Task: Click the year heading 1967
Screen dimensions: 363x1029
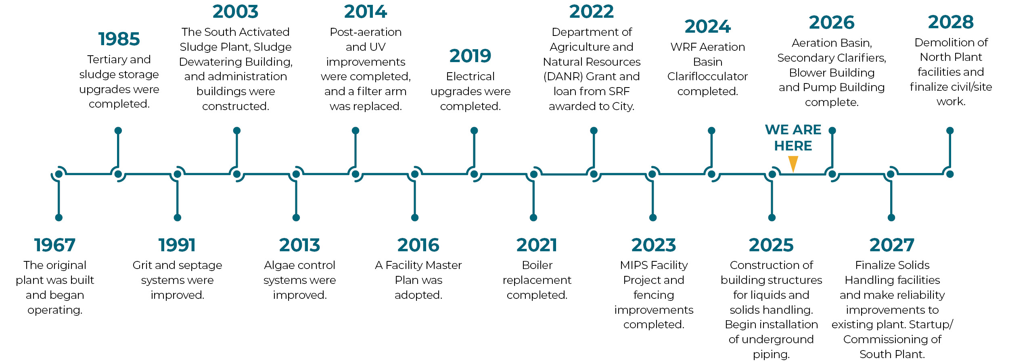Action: tap(55, 245)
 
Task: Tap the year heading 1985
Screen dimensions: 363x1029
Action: tap(119, 39)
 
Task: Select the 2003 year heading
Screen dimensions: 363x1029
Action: tap(235, 12)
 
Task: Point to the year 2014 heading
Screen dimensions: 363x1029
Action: tap(366, 12)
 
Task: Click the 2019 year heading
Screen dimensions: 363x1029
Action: tap(470, 56)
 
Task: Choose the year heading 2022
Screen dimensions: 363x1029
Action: tap(591, 12)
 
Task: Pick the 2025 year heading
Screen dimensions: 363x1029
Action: tap(771, 245)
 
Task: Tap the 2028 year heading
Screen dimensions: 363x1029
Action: tap(951, 22)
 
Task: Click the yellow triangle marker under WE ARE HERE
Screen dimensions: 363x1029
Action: tap(793, 163)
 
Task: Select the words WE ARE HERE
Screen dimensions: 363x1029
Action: tap(793, 138)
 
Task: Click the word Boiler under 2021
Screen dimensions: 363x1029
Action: tap(537, 265)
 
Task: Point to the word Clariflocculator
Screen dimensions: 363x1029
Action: tap(707, 77)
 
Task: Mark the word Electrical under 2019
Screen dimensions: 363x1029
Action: tap(470, 77)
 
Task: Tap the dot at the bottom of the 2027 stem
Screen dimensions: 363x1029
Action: tap(891, 218)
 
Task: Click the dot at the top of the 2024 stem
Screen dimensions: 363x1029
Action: tap(711, 131)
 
